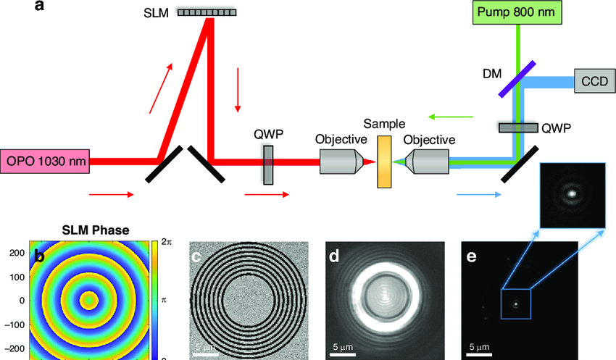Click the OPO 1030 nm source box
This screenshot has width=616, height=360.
45,161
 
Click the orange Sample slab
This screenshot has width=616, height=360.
384,162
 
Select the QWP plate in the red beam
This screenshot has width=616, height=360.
269,164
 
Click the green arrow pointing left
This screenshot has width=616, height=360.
449,116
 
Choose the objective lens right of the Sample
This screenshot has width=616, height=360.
427,162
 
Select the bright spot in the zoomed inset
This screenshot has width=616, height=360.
572,193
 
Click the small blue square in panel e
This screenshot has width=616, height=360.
516,304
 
